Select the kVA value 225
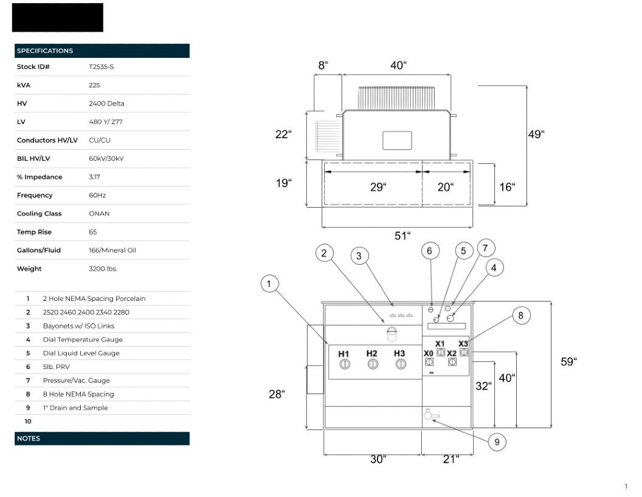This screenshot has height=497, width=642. tap(94, 85)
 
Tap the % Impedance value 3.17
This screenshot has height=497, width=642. tap(94, 177)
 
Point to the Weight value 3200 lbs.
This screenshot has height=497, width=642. tap(103, 269)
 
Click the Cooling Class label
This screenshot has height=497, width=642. tap(39, 213)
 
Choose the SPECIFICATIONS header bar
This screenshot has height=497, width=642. tap(101, 51)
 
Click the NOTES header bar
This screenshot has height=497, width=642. tap(101, 438)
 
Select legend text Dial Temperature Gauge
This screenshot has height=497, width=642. tap(82, 339)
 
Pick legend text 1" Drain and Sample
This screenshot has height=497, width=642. tap(75, 408)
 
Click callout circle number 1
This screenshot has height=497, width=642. tap(270, 284)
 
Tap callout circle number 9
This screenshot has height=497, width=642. tap(496, 442)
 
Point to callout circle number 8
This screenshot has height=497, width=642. tap(521, 315)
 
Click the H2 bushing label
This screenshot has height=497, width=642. tap(372, 354)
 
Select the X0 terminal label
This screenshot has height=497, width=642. tap(428, 353)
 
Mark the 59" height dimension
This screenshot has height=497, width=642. tap(568, 362)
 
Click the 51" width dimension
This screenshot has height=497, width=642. tap(402, 235)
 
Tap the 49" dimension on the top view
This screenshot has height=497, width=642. tap(535, 134)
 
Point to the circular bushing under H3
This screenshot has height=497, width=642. tap(400, 365)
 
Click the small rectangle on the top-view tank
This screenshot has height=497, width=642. tap(396, 140)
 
